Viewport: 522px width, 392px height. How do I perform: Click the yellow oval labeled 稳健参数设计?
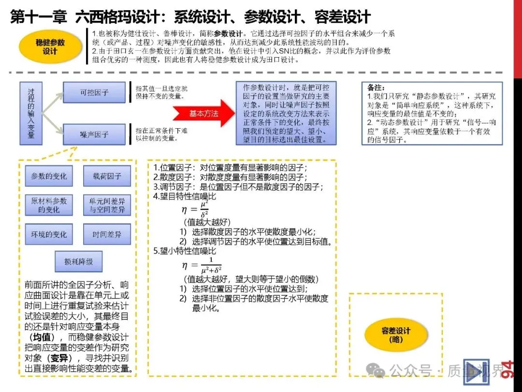click(x=50, y=47)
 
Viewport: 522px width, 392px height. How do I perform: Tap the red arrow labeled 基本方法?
click(x=203, y=114)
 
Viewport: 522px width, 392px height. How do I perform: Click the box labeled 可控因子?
click(x=94, y=92)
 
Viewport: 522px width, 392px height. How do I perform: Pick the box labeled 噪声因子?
click(x=94, y=134)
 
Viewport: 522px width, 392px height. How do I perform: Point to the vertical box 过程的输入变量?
click(x=31, y=114)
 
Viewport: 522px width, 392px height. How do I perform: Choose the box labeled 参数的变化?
click(x=49, y=176)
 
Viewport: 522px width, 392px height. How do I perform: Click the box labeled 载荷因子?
click(x=107, y=176)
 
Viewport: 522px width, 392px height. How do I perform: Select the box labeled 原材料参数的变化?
click(x=49, y=205)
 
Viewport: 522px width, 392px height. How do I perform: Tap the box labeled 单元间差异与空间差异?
click(x=107, y=205)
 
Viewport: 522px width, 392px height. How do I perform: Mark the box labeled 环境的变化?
click(x=49, y=235)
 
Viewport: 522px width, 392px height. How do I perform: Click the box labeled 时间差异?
click(x=107, y=235)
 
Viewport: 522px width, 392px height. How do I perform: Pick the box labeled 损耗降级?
click(x=78, y=262)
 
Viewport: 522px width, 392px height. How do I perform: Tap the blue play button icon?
click(x=476, y=372)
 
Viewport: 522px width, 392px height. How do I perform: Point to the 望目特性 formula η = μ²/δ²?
click(x=195, y=210)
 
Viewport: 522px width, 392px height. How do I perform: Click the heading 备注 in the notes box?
click(x=376, y=88)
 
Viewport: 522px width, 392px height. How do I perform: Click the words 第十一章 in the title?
click(x=39, y=17)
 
